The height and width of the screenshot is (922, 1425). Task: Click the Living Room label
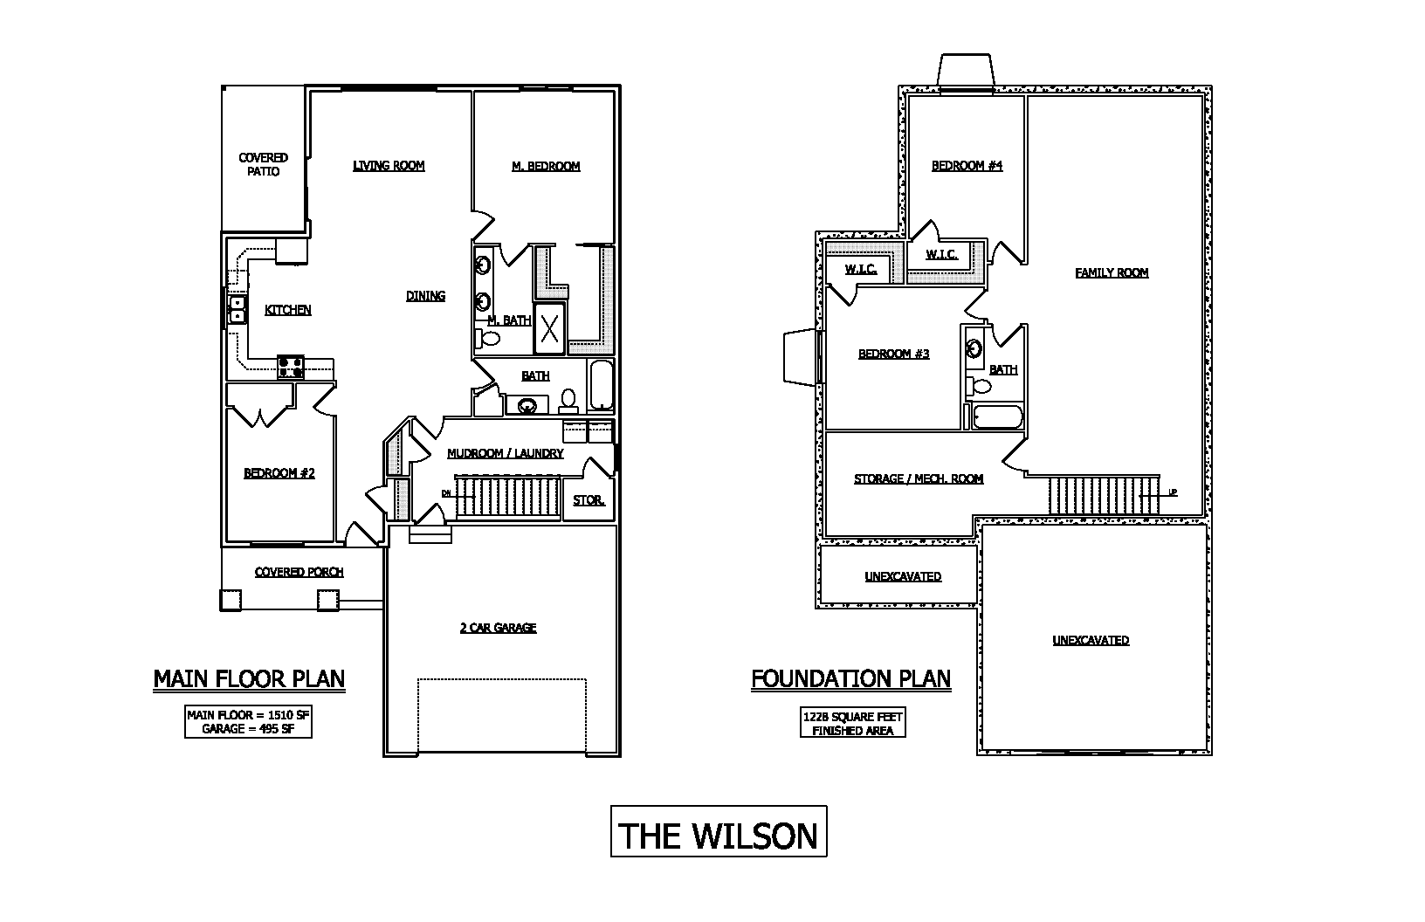point(389,166)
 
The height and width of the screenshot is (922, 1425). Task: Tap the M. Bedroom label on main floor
point(546,166)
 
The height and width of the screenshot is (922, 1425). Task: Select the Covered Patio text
point(263,164)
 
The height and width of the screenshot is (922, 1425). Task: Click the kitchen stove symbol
point(291,367)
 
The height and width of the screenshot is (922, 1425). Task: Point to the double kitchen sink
point(237,311)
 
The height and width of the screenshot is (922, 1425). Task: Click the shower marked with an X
point(549,328)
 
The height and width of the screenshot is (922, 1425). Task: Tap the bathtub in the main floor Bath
point(602,385)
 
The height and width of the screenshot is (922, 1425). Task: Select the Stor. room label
point(589,500)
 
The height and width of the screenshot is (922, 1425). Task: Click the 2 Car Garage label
point(498,628)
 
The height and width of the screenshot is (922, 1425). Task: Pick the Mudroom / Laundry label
point(505,454)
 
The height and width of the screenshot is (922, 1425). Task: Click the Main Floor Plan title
point(249,678)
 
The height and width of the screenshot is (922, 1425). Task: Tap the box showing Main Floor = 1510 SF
point(248,721)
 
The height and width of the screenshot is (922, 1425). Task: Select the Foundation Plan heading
point(850,678)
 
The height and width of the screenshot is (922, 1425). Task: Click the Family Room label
point(1112,272)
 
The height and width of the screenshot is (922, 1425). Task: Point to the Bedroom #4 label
point(967,166)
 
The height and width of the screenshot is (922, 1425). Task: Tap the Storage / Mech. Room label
point(919,478)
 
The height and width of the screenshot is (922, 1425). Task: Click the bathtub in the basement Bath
point(996,417)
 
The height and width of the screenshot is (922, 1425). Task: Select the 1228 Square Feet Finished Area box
point(852,723)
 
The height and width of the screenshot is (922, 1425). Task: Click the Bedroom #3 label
point(893,354)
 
